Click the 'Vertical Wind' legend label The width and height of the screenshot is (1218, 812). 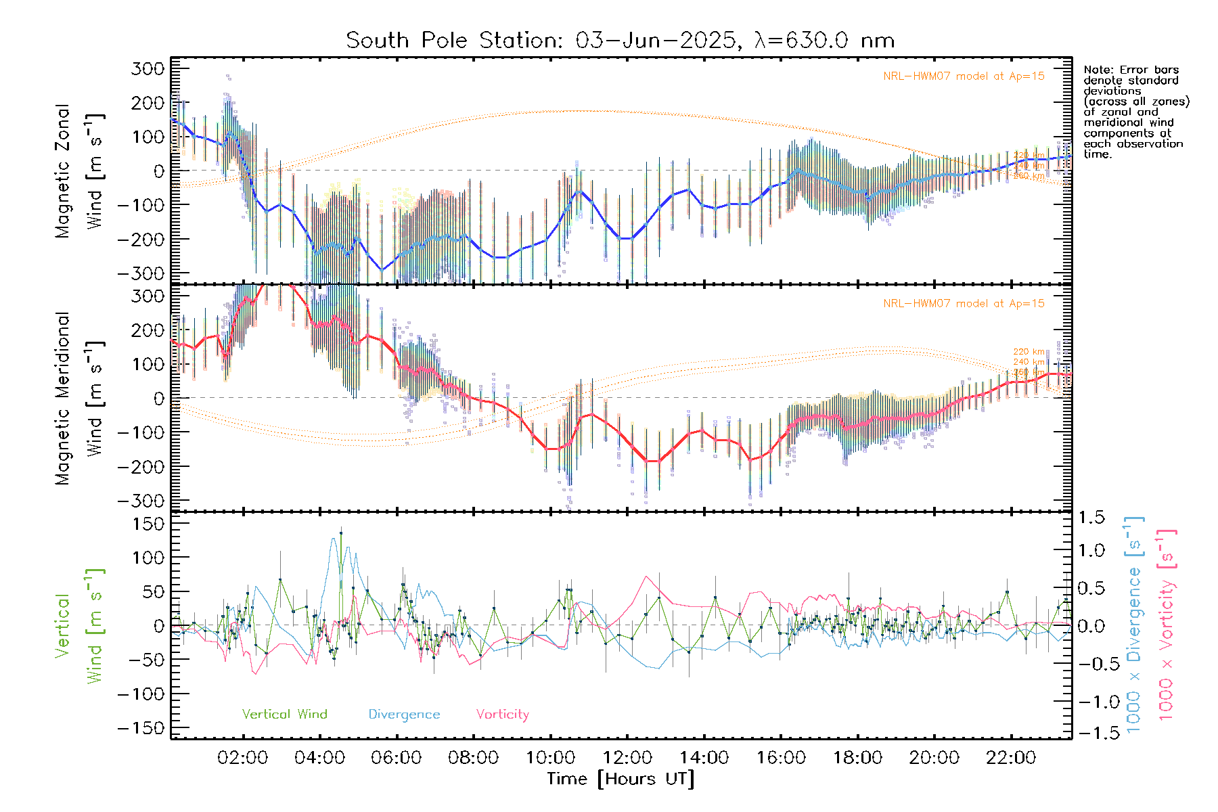click(x=284, y=714)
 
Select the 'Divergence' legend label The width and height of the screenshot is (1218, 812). click(x=404, y=714)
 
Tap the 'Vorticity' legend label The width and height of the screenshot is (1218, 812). click(x=502, y=714)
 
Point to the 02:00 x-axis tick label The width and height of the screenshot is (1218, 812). click(x=243, y=758)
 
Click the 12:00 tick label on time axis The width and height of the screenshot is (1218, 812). click(x=627, y=758)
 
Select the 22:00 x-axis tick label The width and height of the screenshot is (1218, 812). click(x=1011, y=758)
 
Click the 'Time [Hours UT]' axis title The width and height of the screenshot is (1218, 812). click(x=621, y=779)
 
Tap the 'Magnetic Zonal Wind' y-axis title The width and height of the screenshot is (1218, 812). click(x=78, y=171)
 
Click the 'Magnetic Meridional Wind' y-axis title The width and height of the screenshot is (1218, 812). click(x=78, y=398)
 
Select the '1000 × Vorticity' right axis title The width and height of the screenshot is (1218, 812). click(x=1166, y=625)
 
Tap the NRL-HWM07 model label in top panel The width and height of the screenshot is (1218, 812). click(x=964, y=76)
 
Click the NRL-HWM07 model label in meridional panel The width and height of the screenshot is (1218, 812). click(x=964, y=304)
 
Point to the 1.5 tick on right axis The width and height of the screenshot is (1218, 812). click(x=1091, y=518)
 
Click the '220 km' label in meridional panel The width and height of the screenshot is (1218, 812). click(x=1029, y=352)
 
